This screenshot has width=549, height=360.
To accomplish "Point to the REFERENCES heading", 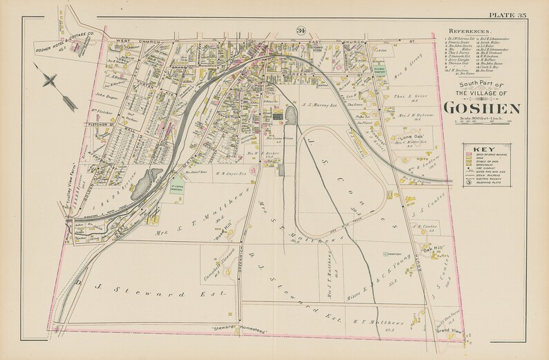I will coord(470,32).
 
